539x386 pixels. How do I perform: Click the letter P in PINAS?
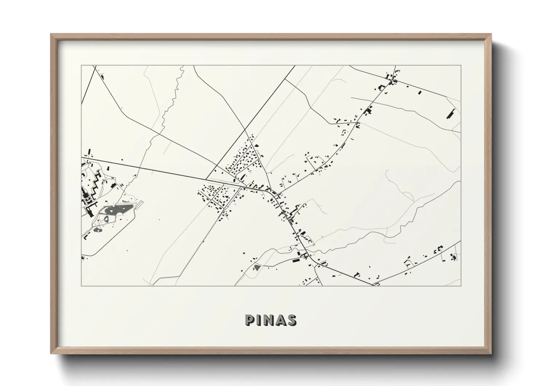pos(250,320)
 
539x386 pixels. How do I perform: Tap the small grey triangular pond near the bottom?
pos(257,267)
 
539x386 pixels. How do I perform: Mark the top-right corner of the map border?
pos(460,66)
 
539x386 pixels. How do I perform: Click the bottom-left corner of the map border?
pos(82,286)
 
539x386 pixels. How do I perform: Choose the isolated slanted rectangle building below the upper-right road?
pos(419,93)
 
